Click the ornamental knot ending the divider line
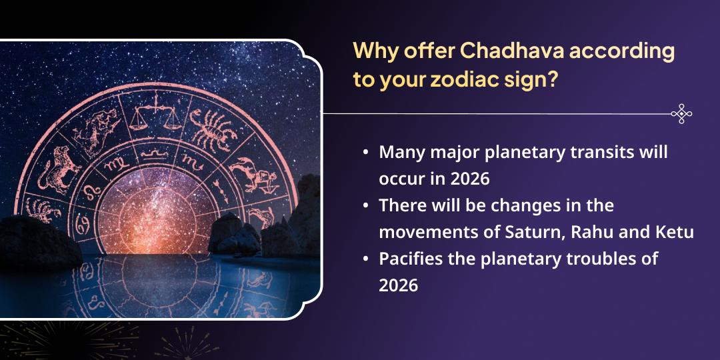(x=681, y=114)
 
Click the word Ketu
(x=675, y=233)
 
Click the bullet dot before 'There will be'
(x=366, y=206)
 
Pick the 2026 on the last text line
(x=398, y=286)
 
